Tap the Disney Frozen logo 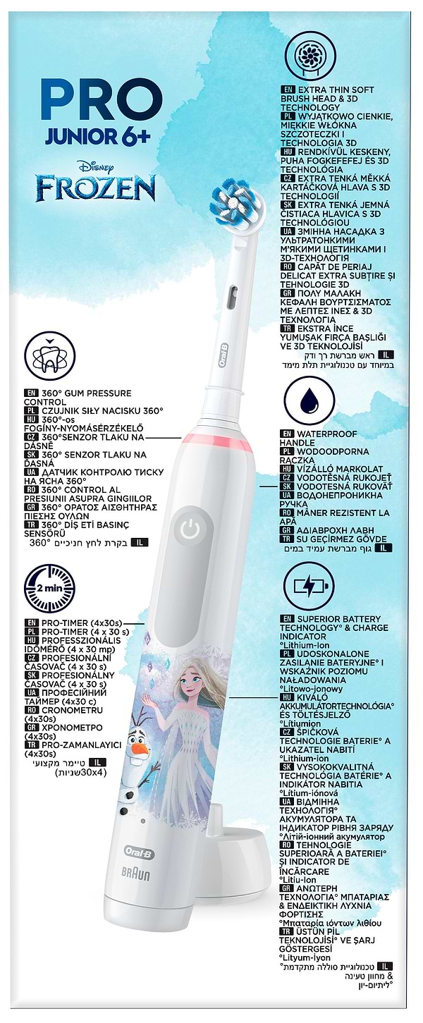click(97, 183)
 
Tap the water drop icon click(310, 403)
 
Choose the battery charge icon click(310, 586)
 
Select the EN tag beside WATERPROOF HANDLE click(287, 434)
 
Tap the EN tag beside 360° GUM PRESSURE click(30, 393)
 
